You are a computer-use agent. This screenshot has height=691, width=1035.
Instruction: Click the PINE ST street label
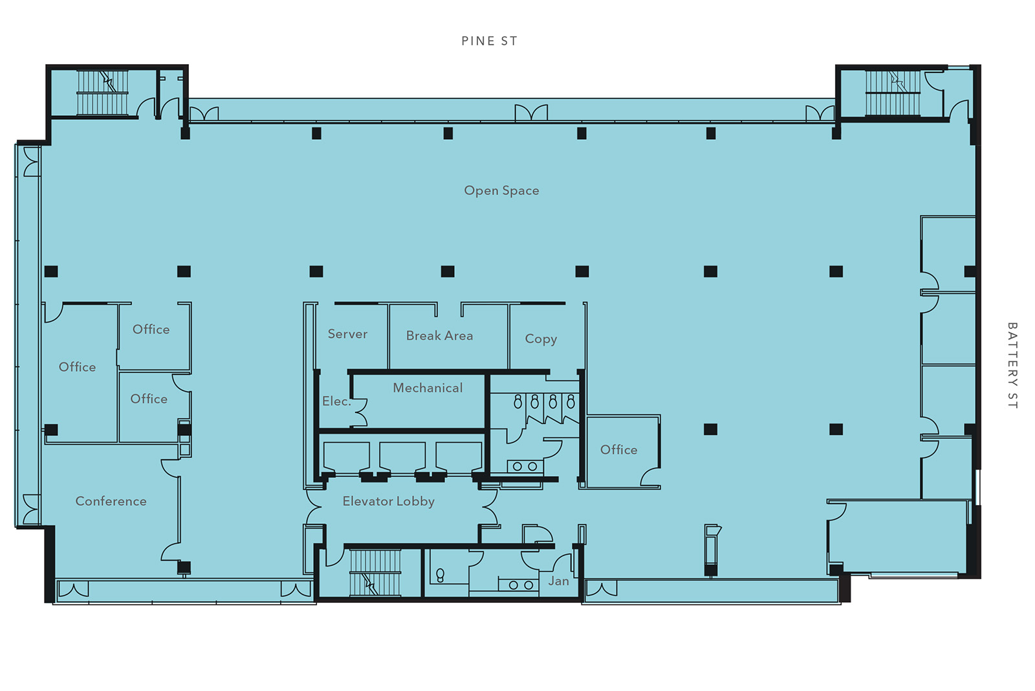[489, 41]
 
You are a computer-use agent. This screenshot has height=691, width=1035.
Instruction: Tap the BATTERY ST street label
[1012, 365]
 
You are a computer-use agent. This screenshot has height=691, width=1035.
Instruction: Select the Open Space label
[501, 190]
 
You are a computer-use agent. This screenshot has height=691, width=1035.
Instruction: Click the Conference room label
[111, 501]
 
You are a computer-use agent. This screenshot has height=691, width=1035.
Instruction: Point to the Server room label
[347, 334]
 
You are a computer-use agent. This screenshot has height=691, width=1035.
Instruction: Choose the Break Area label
[439, 336]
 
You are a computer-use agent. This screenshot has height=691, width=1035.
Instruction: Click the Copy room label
[541, 339]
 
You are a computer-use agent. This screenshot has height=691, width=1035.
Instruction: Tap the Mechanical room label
[428, 388]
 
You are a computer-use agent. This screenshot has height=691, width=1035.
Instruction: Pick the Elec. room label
[336, 402]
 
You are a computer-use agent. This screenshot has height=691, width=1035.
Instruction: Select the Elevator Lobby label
[389, 501]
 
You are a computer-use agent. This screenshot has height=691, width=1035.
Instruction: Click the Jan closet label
[559, 582]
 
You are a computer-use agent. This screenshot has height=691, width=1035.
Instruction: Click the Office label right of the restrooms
[618, 449]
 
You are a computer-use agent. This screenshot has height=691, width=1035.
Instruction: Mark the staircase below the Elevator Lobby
[375, 572]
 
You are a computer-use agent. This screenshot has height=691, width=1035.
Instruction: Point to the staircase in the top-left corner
[102, 93]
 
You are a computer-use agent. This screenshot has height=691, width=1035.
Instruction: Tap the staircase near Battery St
[893, 93]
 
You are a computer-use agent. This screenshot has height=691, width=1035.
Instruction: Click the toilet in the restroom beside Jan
[441, 575]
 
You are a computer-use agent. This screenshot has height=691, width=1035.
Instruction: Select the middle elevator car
[402, 457]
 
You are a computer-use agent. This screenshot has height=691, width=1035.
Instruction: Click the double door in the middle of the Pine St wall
[531, 113]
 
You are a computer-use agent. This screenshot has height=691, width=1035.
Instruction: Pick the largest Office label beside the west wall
[77, 367]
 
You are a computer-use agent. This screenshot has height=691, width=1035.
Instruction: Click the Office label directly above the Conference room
[149, 399]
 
